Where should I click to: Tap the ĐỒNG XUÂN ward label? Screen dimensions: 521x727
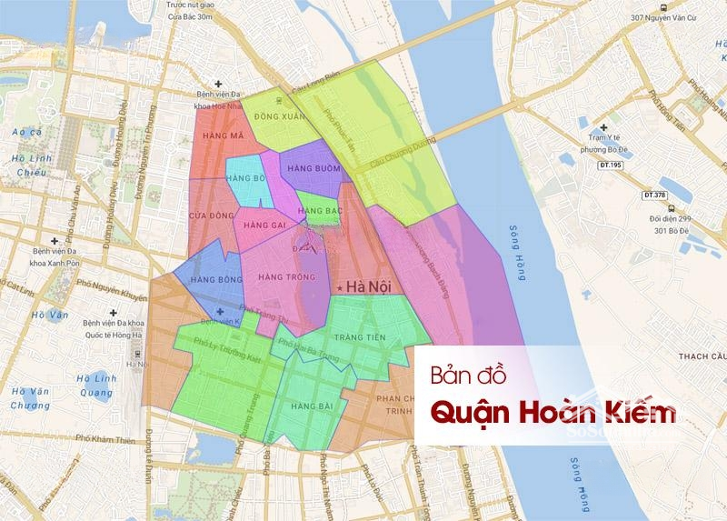coord(278,116)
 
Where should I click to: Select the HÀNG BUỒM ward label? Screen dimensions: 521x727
coord(314,168)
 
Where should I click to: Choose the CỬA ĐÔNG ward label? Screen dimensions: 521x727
coord(207,215)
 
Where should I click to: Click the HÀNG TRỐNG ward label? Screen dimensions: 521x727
coord(280,276)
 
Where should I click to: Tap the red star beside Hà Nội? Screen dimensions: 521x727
coord(341,289)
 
